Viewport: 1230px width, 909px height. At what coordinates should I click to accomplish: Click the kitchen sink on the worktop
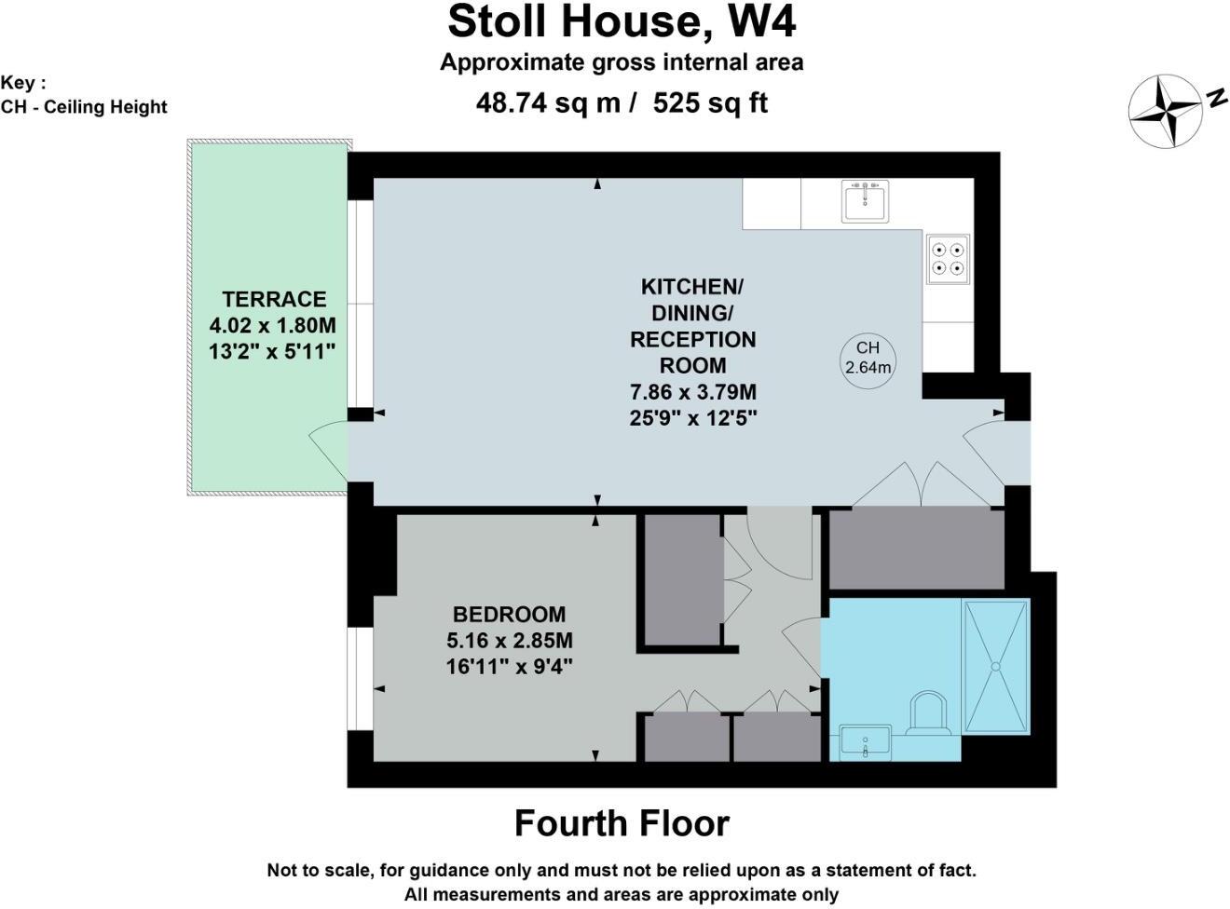tap(865, 200)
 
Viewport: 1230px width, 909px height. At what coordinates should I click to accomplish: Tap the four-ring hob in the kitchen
tap(947, 259)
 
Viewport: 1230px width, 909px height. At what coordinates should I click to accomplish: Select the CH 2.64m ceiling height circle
tap(868, 360)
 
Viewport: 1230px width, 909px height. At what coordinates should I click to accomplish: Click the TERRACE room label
tap(274, 299)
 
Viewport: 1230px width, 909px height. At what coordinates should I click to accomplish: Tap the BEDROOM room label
tap(509, 614)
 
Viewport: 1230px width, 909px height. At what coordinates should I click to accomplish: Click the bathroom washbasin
tap(865, 742)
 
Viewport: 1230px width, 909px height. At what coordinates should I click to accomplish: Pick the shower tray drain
tap(996, 666)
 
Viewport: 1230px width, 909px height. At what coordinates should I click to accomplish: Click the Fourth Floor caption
tap(622, 823)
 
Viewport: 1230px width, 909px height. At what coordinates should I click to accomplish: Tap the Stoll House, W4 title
tap(622, 22)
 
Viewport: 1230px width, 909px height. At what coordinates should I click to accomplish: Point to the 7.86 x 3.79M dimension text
tap(692, 392)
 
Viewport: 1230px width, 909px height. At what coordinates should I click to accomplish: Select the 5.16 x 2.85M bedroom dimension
tap(509, 640)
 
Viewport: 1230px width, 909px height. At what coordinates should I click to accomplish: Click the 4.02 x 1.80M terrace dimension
tap(273, 325)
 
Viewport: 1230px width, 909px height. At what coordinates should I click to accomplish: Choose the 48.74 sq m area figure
tap(548, 102)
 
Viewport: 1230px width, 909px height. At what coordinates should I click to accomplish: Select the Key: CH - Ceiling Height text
tap(83, 95)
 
